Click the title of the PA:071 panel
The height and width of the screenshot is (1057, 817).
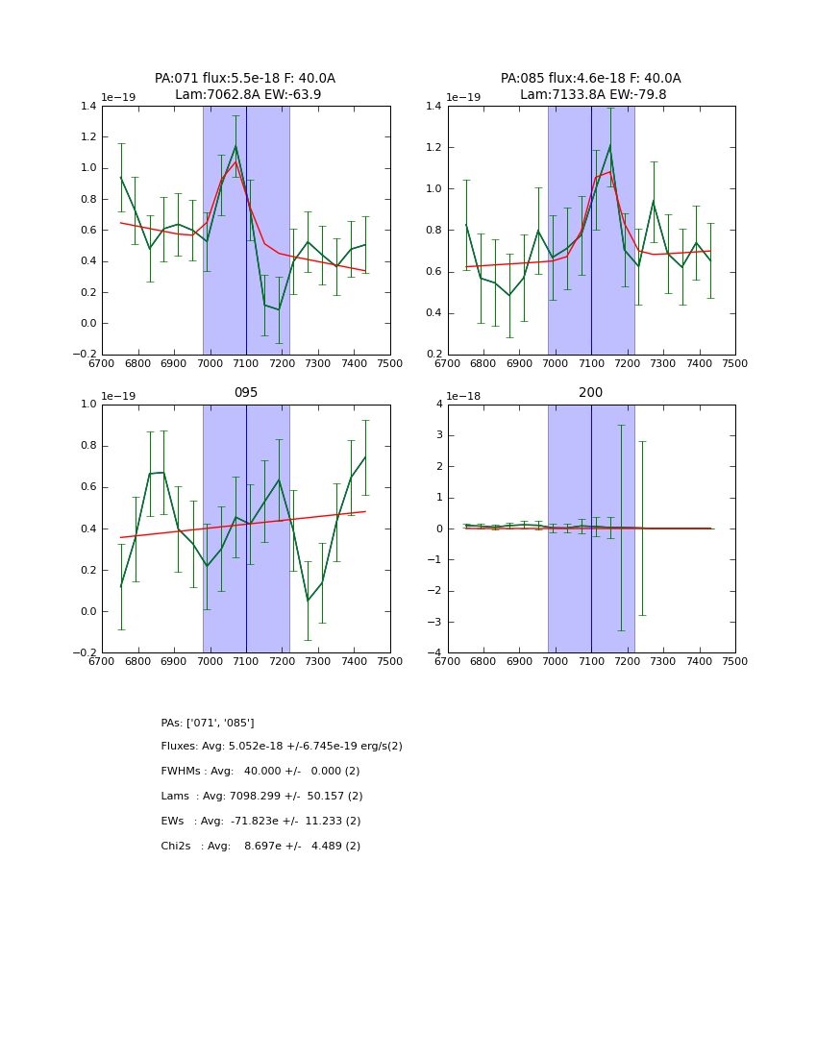(x=245, y=86)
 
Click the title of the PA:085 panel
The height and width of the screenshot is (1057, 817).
(x=590, y=86)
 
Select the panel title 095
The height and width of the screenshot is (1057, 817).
(x=245, y=393)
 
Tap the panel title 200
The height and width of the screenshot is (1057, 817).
(x=590, y=393)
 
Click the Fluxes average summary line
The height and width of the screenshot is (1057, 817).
(x=282, y=747)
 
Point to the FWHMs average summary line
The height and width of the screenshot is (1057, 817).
(x=260, y=772)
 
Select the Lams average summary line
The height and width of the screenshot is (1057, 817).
(x=261, y=797)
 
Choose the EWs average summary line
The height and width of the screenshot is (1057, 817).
(x=260, y=822)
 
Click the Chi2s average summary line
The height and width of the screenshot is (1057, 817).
(x=260, y=847)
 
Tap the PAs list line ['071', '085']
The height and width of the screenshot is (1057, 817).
(x=208, y=723)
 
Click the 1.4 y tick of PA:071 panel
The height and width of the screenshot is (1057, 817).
(x=87, y=107)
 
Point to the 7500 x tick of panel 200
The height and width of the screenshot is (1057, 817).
(x=734, y=661)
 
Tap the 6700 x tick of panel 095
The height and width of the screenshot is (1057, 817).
(x=102, y=661)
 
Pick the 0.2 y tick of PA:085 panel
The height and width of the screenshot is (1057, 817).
(x=433, y=355)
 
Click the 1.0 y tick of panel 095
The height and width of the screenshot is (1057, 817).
(x=87, y=405)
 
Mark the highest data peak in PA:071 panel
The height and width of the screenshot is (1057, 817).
(x=235, y=146)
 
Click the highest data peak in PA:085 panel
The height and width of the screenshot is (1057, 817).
(x=609, y=146)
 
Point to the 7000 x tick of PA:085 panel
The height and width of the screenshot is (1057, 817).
(x=556, y=363)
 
